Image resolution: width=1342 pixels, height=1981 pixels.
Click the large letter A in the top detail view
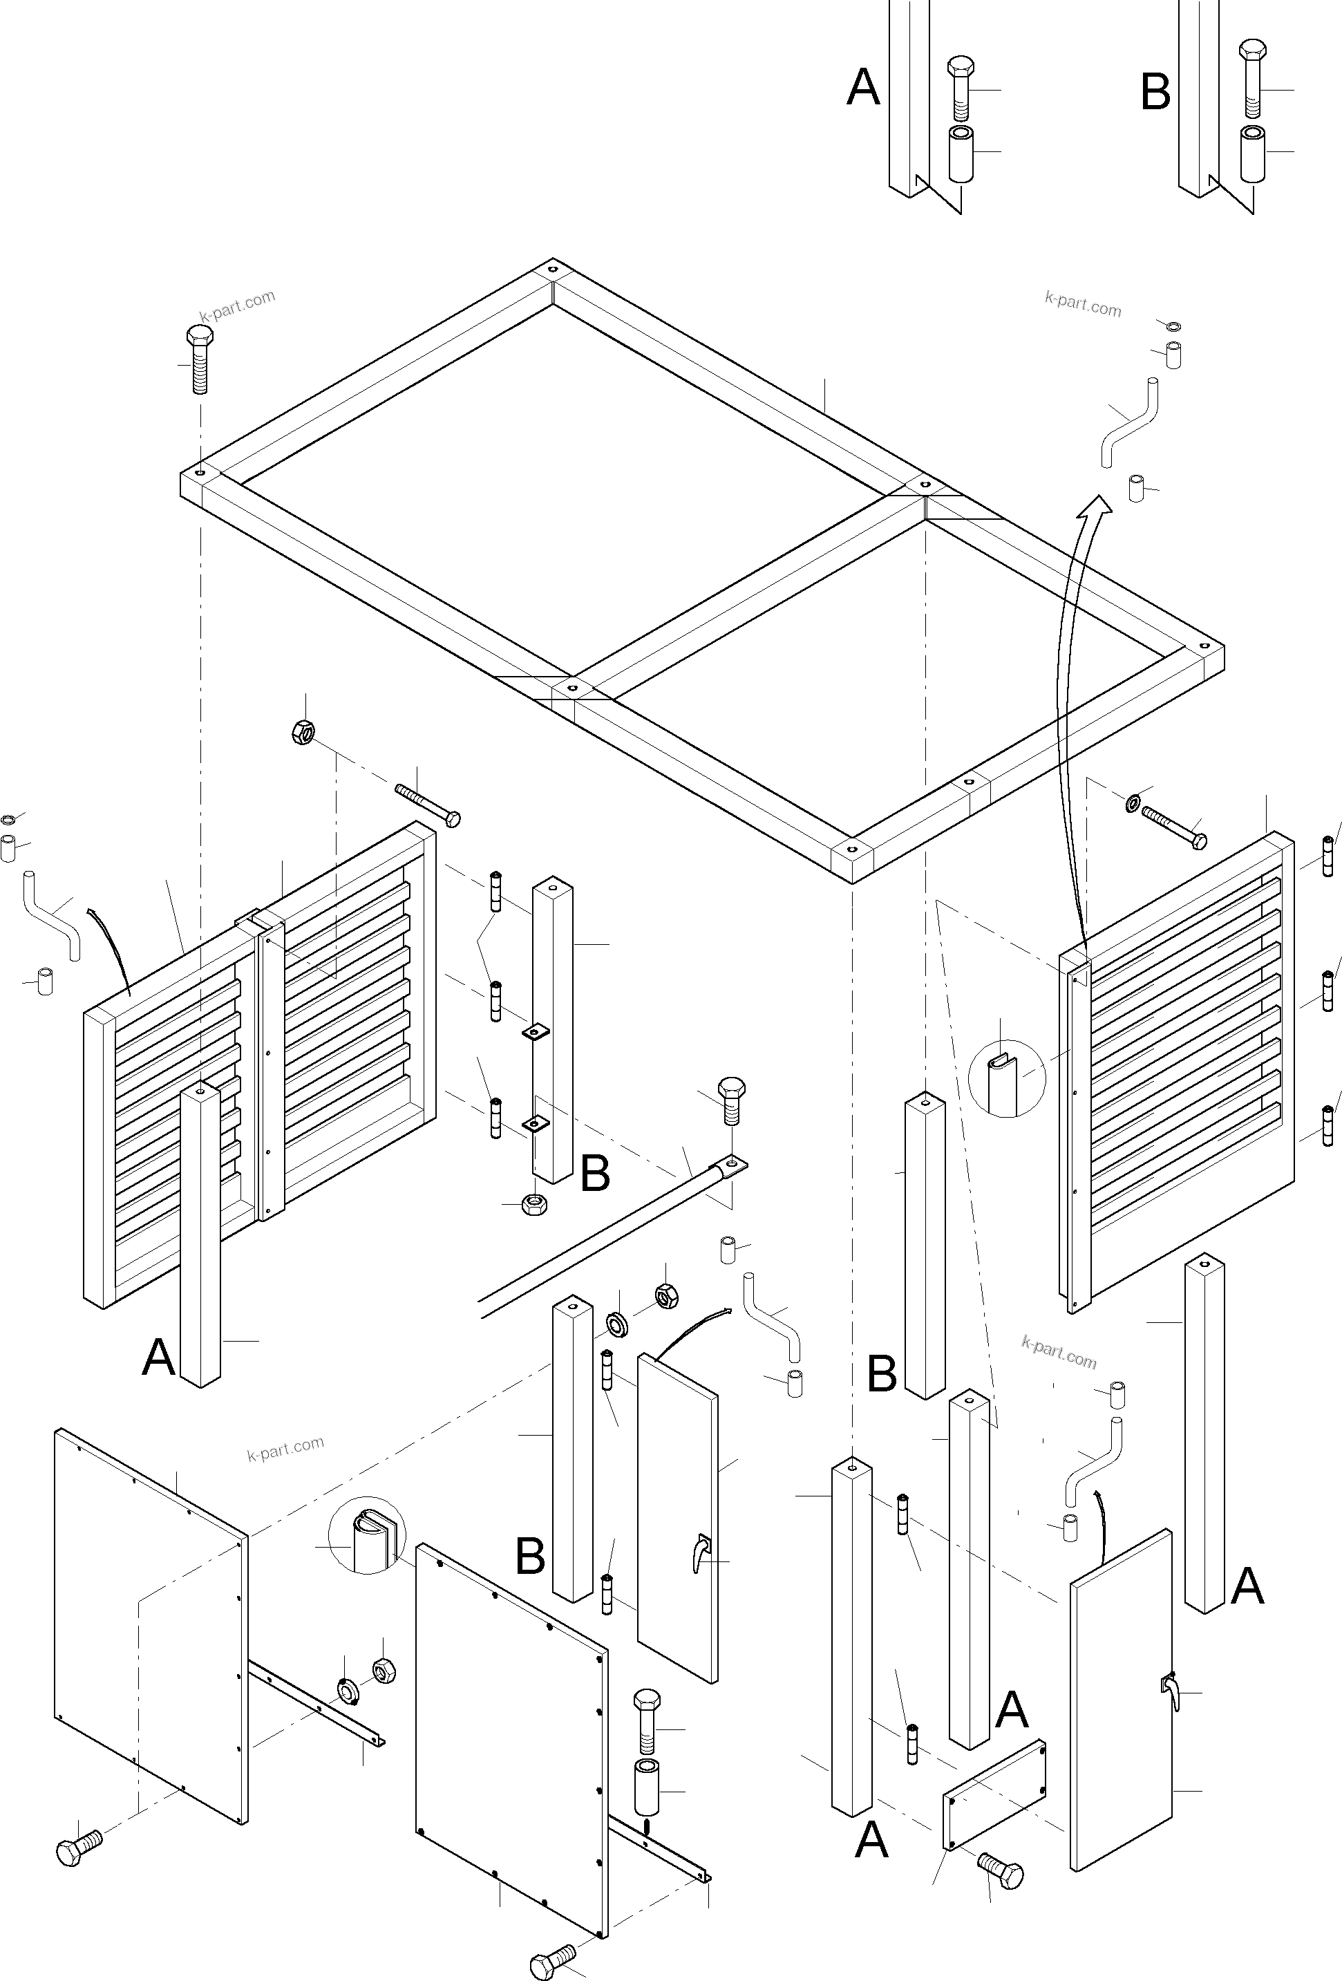[x=862, y=87]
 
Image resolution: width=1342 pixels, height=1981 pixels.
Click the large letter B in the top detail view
[x=1155, y=92]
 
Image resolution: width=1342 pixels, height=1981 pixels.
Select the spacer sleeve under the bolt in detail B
[x=1251, y=153]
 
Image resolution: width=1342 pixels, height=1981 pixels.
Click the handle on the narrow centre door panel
[x=701, y=1553]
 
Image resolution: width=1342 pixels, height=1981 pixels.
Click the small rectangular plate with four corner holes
[x=994, y=1794]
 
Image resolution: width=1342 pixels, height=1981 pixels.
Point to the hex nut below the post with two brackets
[x=534, y=1203]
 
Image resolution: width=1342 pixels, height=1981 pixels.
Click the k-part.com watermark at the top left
[x=237, y=305]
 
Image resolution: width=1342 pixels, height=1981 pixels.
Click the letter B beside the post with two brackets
[x=595, y=1174]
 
